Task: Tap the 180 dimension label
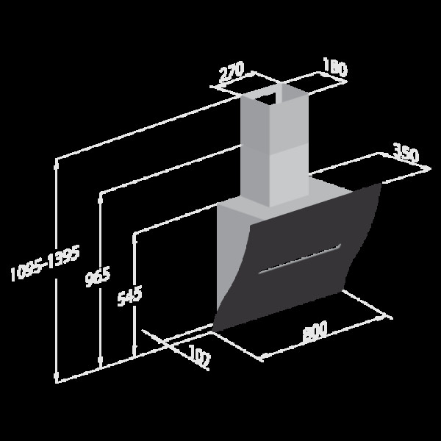click(x=335, y=67)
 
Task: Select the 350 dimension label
click(x=406, y=153)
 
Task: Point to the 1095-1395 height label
click(x=45, y=263)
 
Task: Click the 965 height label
click(x=98, y=276)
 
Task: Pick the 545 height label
click(x=129, y=296)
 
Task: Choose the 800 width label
click(x=315, y=331)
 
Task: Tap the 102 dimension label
click(x=200, y=356)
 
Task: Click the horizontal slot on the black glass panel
click(x=300, y=259)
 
